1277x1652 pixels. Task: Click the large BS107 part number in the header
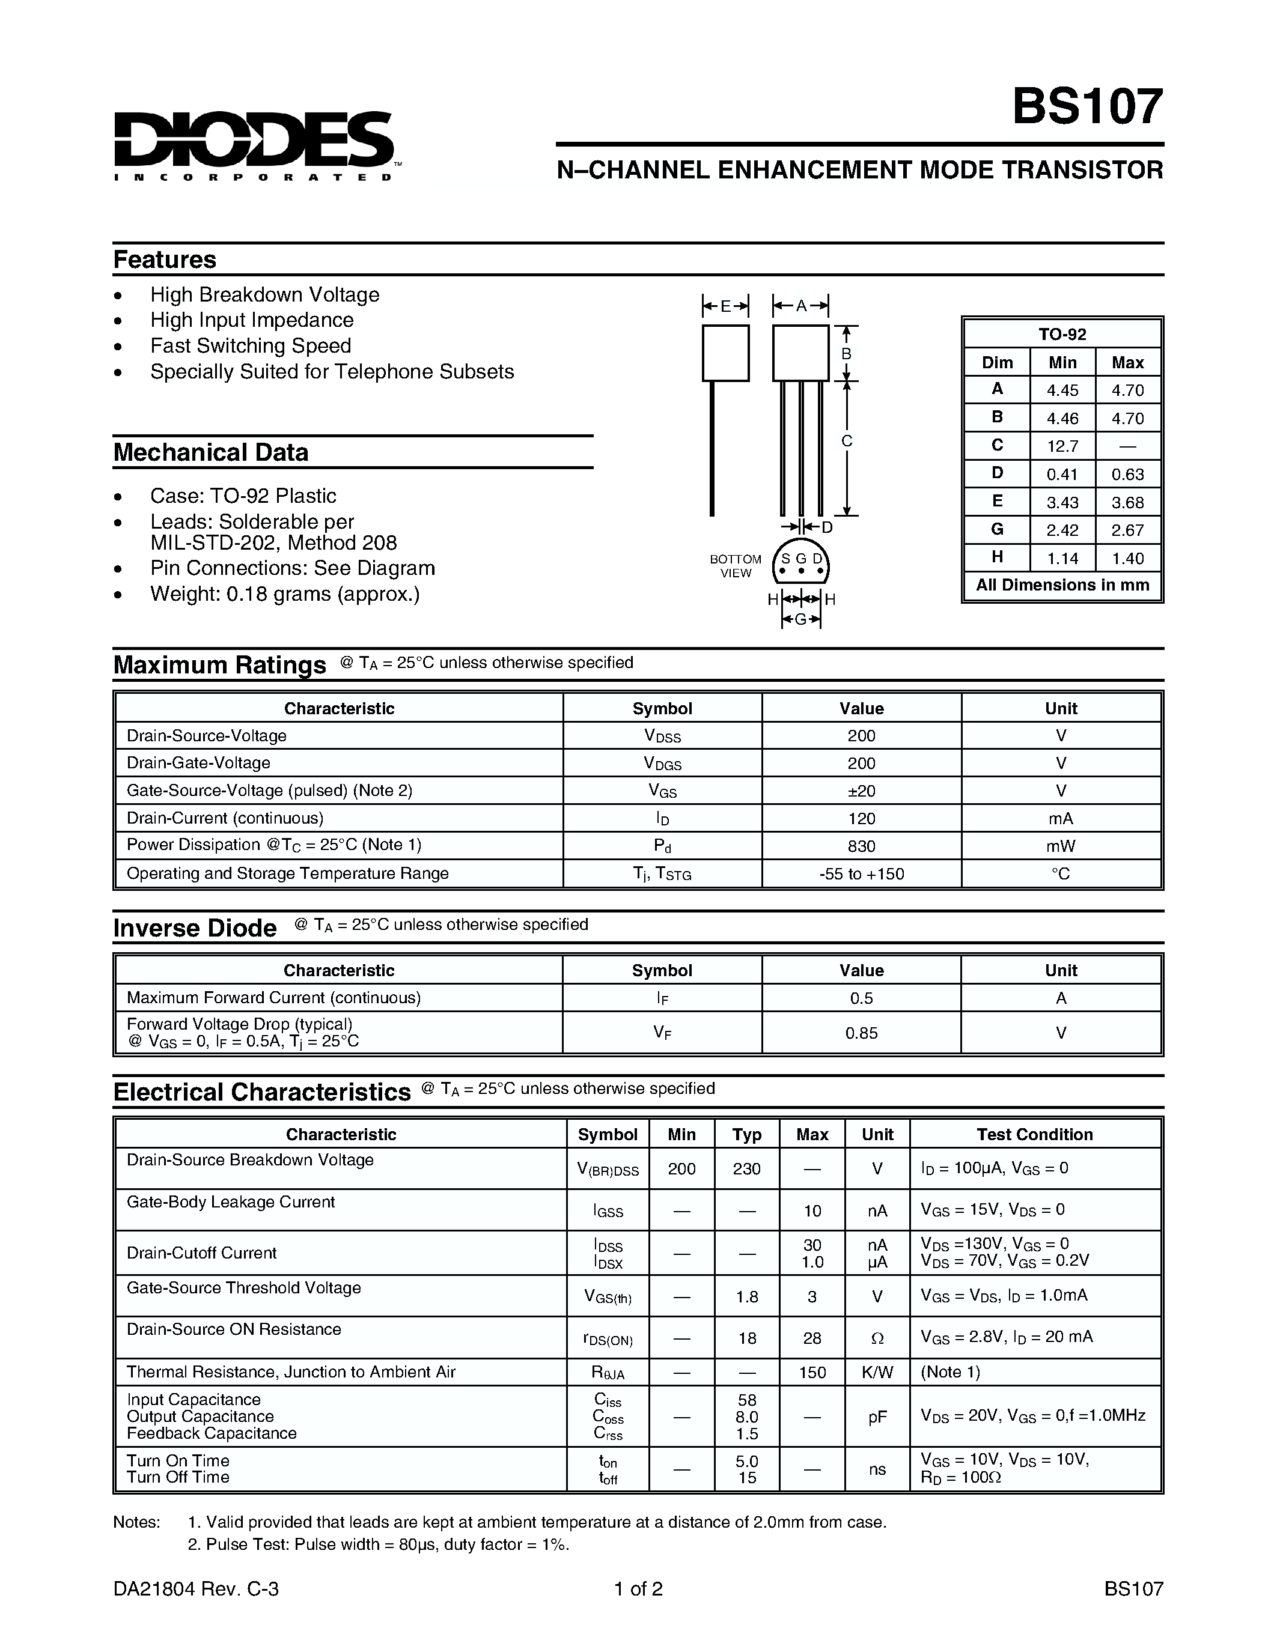pyautogui.click(x=1087, y=107)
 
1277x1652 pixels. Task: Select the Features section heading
pyautogui.click(x=165, y=260)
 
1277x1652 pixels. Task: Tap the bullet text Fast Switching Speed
pyautogui.click(x=251, y=345)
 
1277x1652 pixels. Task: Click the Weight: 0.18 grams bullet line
pyautogui.click(x=284, y=594)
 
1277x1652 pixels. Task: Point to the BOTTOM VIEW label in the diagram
pyautogui.click(x=736, y=566)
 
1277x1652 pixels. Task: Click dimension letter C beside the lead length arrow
pyautogui.click(x=847, y=441)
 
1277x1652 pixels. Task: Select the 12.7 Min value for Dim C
pyautogui.click(x=1062, y=446)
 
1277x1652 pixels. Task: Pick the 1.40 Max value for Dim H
pyautogui.click(x=1127, y=558)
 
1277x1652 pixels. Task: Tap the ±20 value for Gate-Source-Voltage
pyautogui.click(x=861, y=791)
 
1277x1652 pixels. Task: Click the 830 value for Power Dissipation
pyautogui.click(x=861, y=846)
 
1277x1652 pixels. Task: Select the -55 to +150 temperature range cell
pyautogui.click(x=861, y=873)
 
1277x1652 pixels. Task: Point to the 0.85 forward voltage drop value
pyautogui.click(x=861, y=1033)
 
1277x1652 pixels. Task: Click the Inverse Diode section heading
pyautogui.click(x=195, y=928)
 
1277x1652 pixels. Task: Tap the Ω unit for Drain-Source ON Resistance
pyautogui.click(x=877, y=1338)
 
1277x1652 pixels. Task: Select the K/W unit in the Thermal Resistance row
pyautogui.click(x=877, y=1372)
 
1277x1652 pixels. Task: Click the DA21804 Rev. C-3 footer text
pyautogui.click(x=196, y=1589)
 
